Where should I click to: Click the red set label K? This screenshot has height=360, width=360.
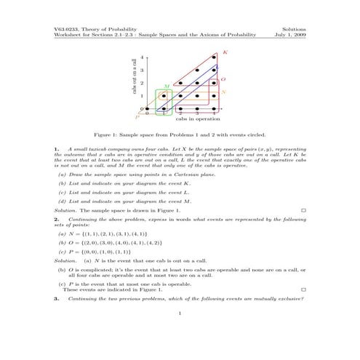coord(225,52)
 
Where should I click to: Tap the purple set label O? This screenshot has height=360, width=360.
coord(222,78)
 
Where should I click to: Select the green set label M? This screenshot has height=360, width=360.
coord(167,86)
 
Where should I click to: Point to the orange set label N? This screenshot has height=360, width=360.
coord(223,92)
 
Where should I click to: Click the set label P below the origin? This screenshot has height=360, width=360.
coord(137,116)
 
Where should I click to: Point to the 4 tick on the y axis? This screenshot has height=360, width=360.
coord(142,57)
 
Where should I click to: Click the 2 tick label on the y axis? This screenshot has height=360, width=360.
coord(142,83)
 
